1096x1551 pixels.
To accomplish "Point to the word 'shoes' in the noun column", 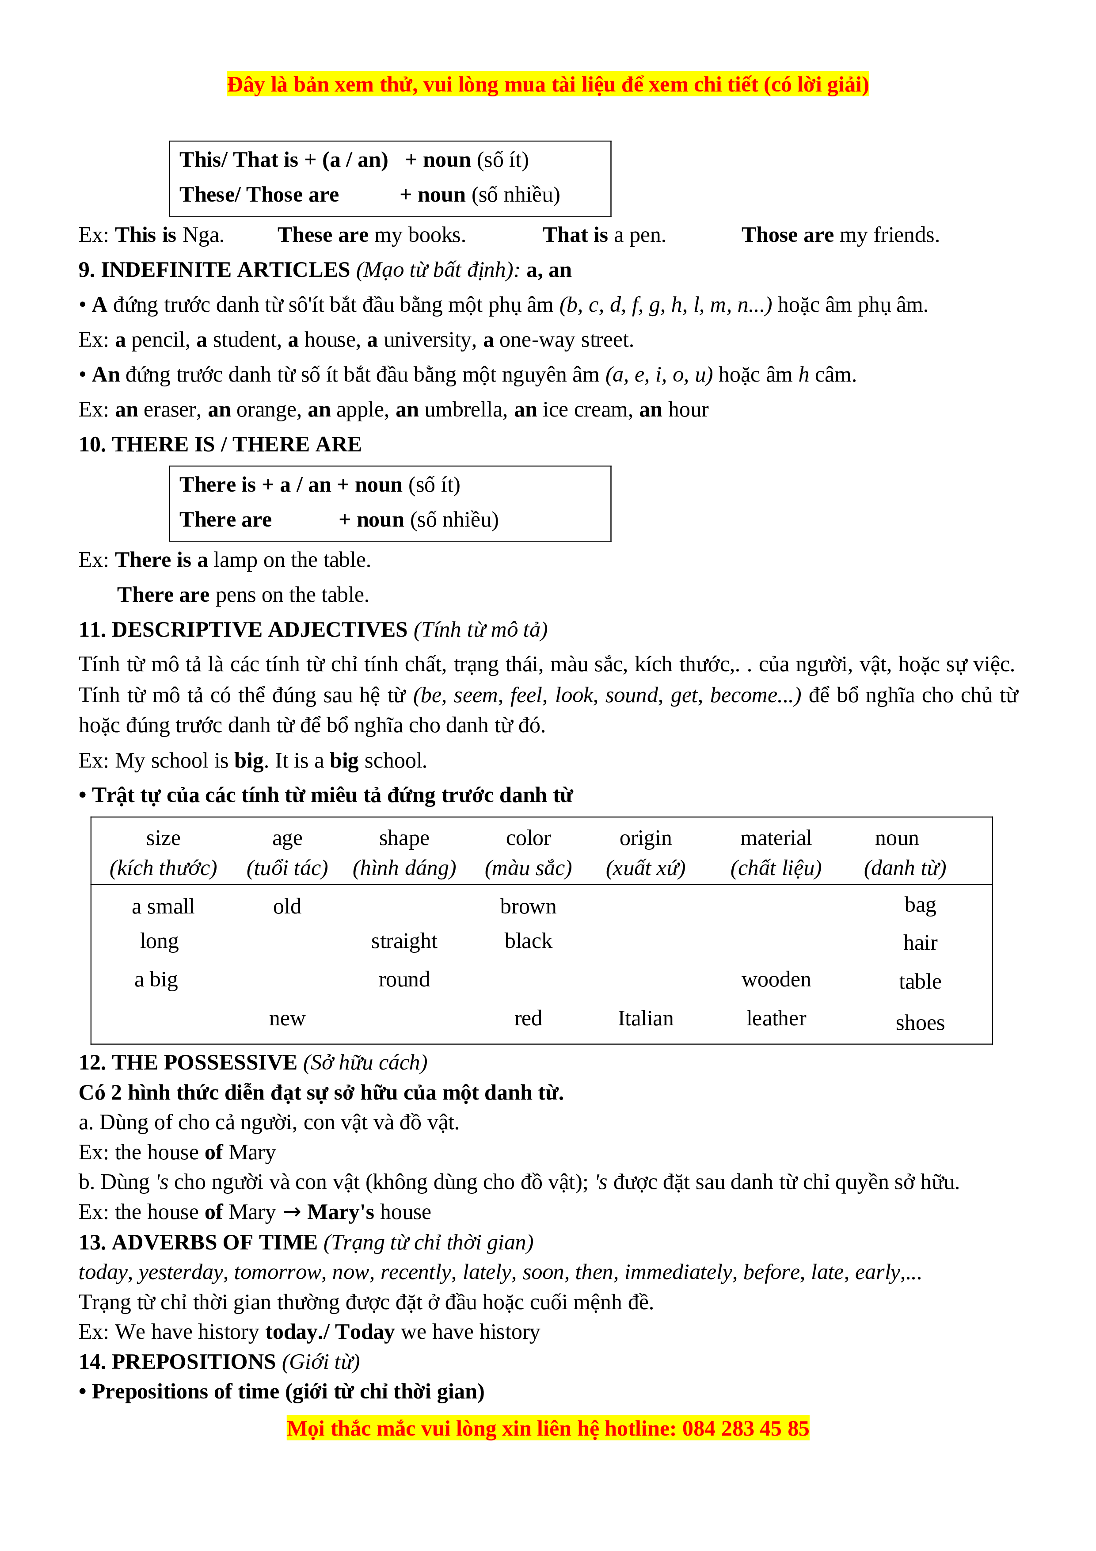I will tap(919, 1023).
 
